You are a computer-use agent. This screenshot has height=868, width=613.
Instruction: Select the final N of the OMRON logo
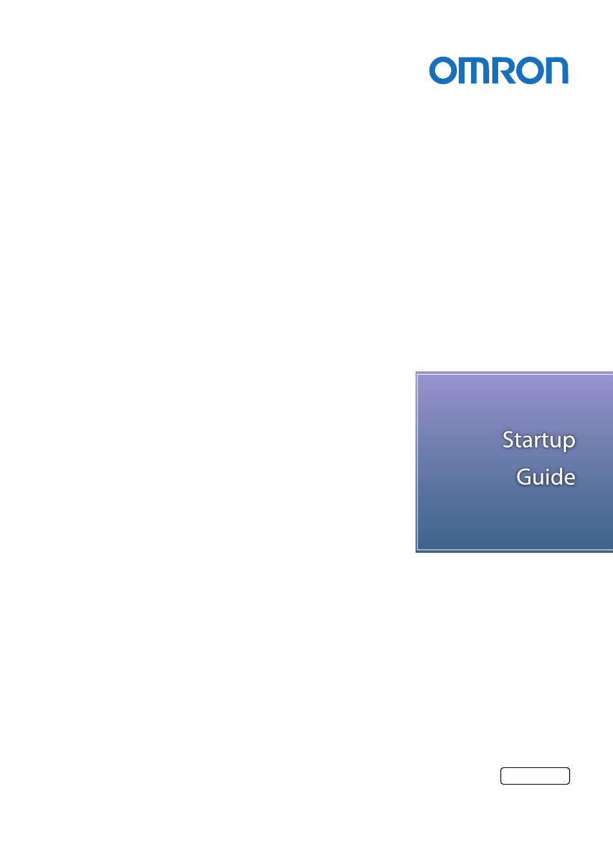pyautogui.click(x=557, y=70)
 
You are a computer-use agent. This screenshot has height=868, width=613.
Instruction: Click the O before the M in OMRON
pyautogui.click(x=443, y=70)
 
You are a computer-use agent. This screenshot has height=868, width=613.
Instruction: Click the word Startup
pyautogui.click(x=539, y=440)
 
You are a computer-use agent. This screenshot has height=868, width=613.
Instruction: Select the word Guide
pyautogui.click(x=546, y=476)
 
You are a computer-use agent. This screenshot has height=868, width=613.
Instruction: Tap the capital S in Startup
pyautogui.click(x=508, y=439)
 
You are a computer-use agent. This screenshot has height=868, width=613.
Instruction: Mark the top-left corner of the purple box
pyautogui.click(x=416, y=372)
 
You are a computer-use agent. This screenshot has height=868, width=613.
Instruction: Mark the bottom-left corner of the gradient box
pyautogui.click(x=416, y=552)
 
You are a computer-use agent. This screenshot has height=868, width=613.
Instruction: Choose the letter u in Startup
pyautogui.click(x=554, y=442)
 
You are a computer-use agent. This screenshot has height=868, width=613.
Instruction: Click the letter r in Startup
pyautogui.click(x=539, y=442)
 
